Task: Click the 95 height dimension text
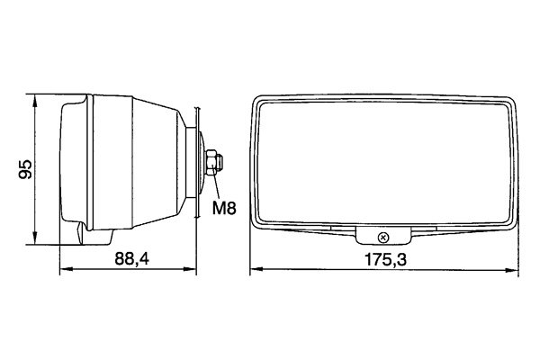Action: [26, 167]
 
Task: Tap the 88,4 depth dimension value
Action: [131, 259]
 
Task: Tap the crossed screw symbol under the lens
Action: [384, 238]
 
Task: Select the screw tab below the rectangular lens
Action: [384, 236]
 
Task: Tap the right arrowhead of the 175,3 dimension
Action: [520, 268]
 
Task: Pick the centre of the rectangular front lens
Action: [384, 162]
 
